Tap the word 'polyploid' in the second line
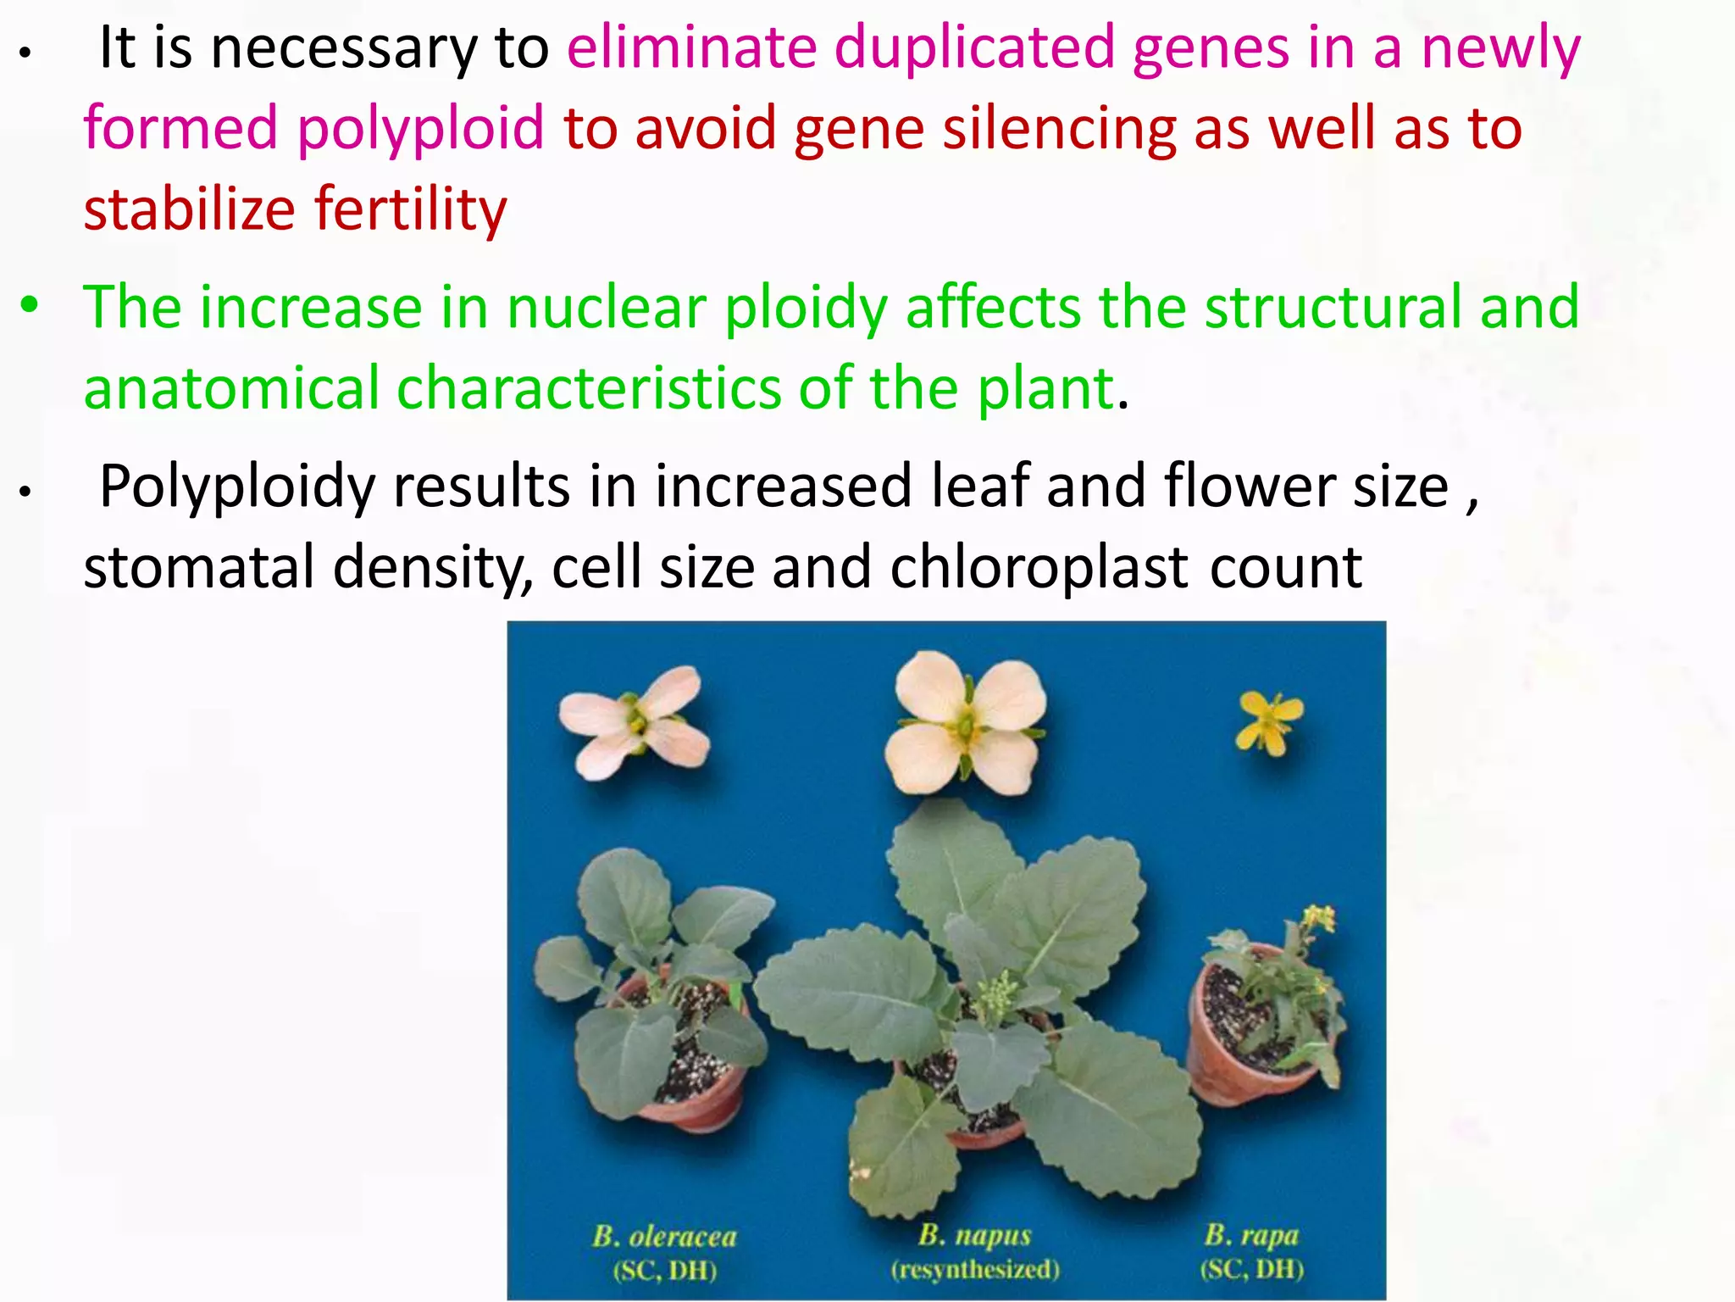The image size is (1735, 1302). (420, 129)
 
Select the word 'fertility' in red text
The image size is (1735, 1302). (411, 209)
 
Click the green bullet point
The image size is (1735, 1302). (30, 305)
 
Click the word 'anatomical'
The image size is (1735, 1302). (231, 387)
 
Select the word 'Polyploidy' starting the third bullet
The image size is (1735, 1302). (237, 487)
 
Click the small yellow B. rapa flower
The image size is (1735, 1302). (1268, 721)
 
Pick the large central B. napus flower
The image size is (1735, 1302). (965, 723)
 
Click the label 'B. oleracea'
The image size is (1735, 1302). (664, 1237)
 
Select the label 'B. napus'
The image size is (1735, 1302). (974, 1235)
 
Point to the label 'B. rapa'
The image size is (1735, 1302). (1251, 1234)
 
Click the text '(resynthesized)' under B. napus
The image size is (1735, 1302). (974, 1270)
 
